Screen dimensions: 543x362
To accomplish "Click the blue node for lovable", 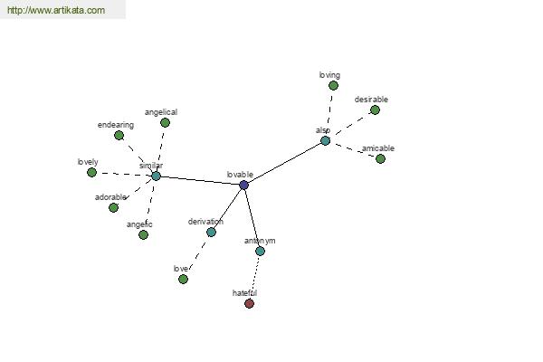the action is (243, 185).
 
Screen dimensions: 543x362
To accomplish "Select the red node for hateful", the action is (250, 303).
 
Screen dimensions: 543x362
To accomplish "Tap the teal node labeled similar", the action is (157, 176).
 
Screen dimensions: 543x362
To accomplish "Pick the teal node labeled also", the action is (325, 140).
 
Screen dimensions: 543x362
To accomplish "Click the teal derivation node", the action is (211, 232).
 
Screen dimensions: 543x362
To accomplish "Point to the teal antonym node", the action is (260, 252).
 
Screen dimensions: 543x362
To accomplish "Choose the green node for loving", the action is (333, 85).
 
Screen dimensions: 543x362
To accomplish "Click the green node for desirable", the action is (375, 110).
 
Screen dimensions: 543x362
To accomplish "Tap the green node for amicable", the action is (380, 158).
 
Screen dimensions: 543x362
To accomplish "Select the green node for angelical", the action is (166, 123).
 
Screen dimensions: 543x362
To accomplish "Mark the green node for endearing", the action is (119, 136).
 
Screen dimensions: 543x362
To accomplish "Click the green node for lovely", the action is (91, 172).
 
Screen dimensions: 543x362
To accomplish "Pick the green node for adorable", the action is (113, 207).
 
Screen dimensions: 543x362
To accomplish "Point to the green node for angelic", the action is (143, 235).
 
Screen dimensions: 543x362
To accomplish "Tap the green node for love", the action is (183, 279).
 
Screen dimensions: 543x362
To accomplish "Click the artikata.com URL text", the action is (56, 10).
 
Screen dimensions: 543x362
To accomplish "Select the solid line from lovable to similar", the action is (200, 180).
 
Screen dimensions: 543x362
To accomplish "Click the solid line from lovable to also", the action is (285, 163).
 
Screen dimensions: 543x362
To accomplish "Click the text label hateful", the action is (244, 293).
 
